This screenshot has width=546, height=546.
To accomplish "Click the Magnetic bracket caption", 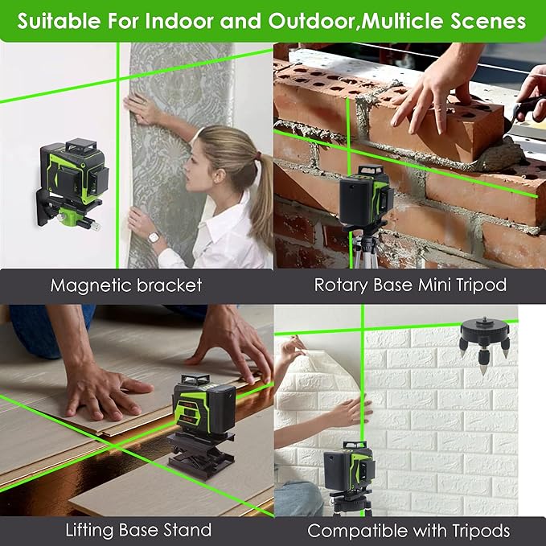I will tap(125, 285).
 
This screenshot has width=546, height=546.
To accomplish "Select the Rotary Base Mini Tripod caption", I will tap(410, 285).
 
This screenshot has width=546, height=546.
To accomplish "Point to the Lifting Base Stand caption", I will tap(138, 530).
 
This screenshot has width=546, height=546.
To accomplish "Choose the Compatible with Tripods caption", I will tap(408, 530).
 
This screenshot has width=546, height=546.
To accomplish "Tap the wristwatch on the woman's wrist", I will tap(154, 237).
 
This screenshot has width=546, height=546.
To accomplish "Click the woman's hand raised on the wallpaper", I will tap(142, 108).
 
